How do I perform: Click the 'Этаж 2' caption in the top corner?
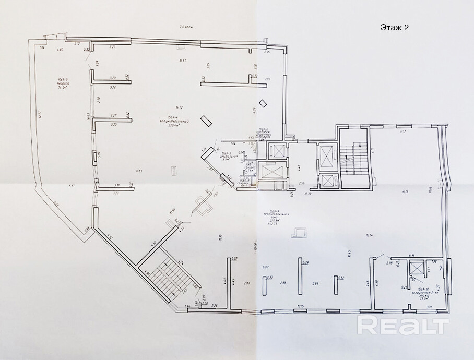coord(395,28)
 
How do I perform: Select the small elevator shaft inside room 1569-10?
coord(416,270)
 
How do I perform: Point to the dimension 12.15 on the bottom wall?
coord(300,306)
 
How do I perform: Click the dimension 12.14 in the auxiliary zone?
coord(369,235)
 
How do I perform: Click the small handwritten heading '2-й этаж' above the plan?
coord(186,26)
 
